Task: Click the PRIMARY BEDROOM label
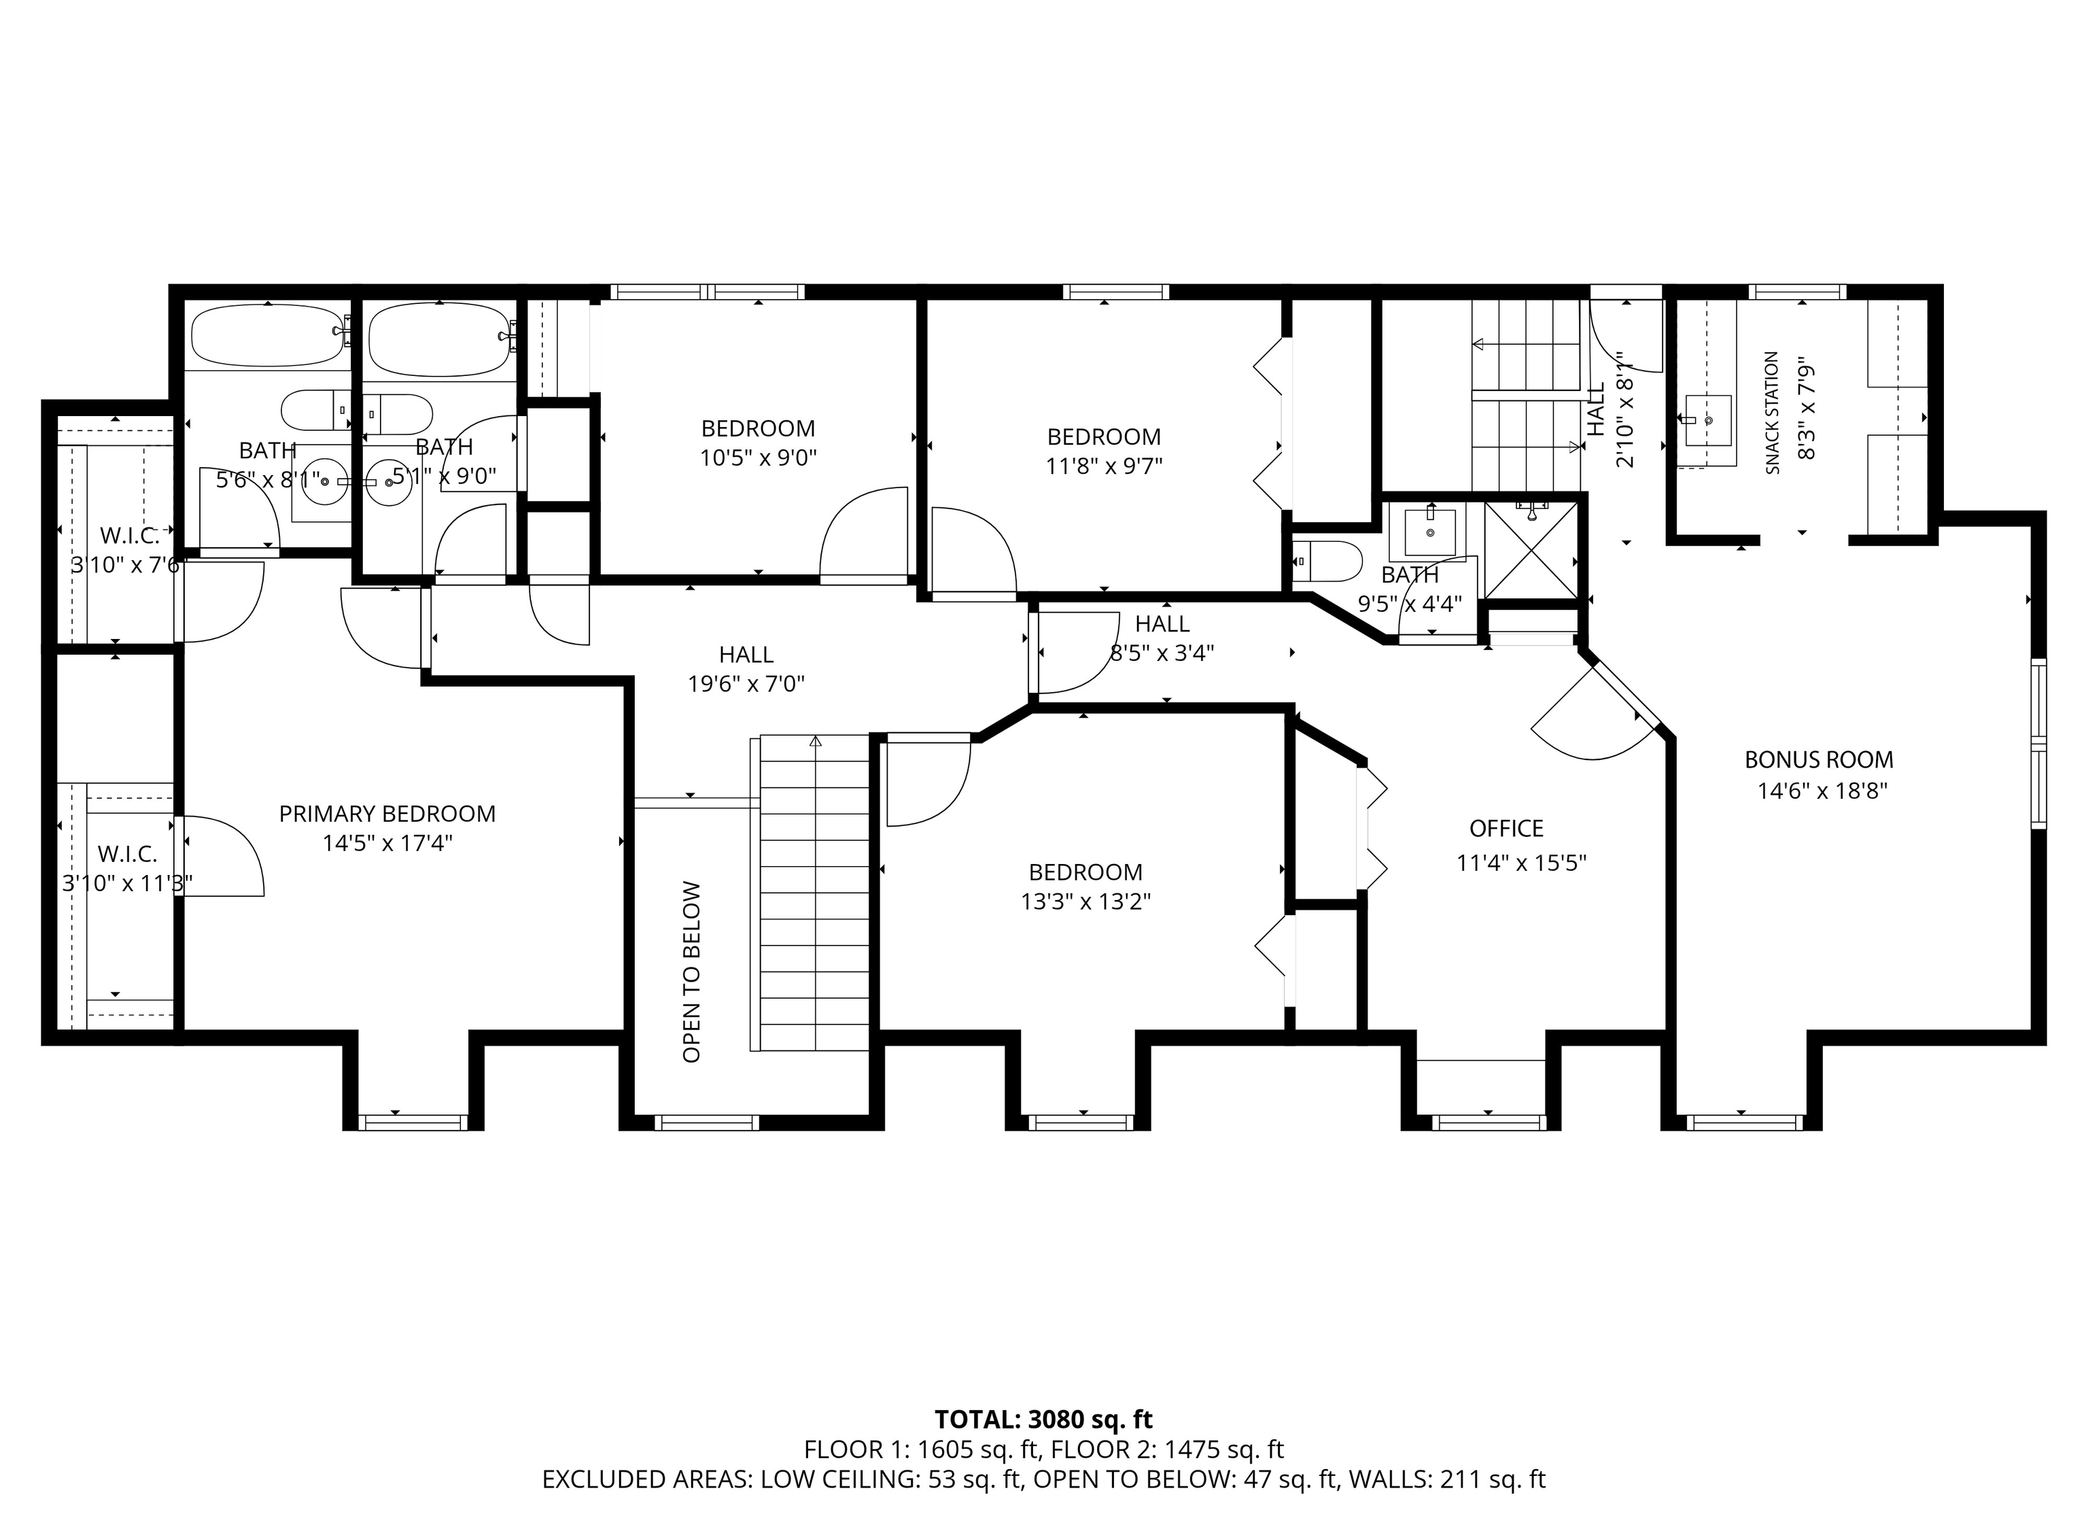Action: pos(387,814)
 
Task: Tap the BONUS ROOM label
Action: pos(1819,760)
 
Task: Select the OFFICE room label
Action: pos(1506,829)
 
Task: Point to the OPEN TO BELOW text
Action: pos(691,971)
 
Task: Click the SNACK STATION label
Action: pos(1772,413)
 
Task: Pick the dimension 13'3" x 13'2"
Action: pos(1085,901)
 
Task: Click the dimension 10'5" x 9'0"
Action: pos(759,458)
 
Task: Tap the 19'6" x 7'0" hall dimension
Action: pos(746,684)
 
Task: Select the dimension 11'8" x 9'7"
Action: pos(1104,466)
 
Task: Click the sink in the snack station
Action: pos(1708,421)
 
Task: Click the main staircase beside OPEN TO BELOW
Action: pos(815,893)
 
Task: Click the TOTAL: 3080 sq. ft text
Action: pos(1043,1419)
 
